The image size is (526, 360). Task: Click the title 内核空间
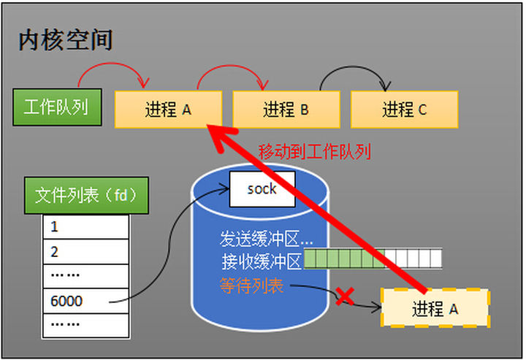click(x=66, y=40)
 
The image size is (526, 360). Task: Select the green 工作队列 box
click(x=57, y=107)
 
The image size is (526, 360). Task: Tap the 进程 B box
click(x=286, y=110)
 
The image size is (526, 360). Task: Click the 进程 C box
click(x=404, y=110)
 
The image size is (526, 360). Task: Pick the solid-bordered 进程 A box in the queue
click(x=168, y=110)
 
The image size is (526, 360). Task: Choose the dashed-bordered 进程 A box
click(x=435, y=308)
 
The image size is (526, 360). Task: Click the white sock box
click(x=262, y=189)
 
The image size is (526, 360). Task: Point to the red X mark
click(x=345, y=296)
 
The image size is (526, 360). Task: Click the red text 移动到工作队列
click(x=315, y=151)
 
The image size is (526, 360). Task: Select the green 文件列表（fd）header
click(x=86, y=196)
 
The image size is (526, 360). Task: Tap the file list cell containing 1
click(x=86, y=227)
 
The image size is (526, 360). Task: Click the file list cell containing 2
click(x=86, y=252)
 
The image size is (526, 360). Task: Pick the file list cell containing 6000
click(x=86, y=301)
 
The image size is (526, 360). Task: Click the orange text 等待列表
click(x=251, y=286)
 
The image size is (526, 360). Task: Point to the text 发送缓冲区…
click(x=267, y=239)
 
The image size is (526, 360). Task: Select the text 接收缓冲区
click(x=261, y=261)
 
